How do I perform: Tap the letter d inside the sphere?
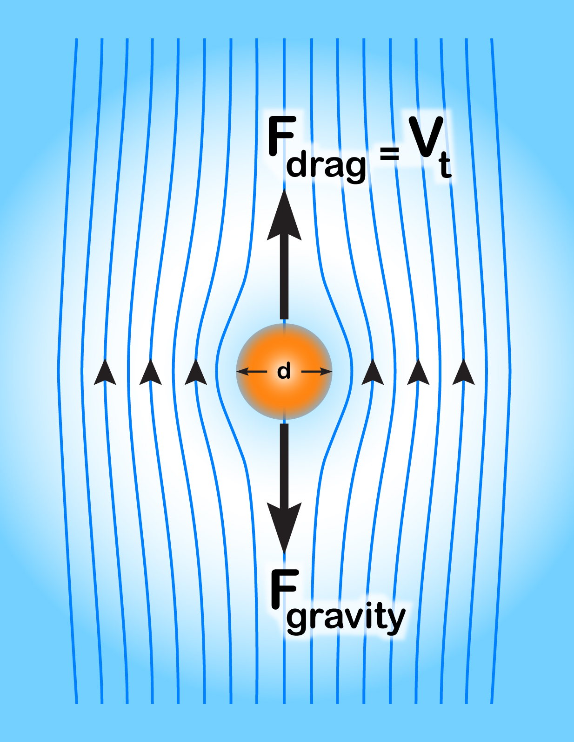tap(284, 372)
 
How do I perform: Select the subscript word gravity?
tap(346, 618)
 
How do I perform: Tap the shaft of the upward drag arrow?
tap(284, 279)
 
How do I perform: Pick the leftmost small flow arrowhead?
tap(105, 373)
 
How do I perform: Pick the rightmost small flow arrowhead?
tap(463, 373)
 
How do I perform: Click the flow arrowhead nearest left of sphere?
tap(196, 373)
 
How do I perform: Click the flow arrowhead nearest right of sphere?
tap(373, 373)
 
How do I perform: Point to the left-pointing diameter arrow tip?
tap(239, 372)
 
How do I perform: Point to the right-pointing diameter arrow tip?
tap(329, 372)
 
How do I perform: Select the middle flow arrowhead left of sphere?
tap(150, 373)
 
